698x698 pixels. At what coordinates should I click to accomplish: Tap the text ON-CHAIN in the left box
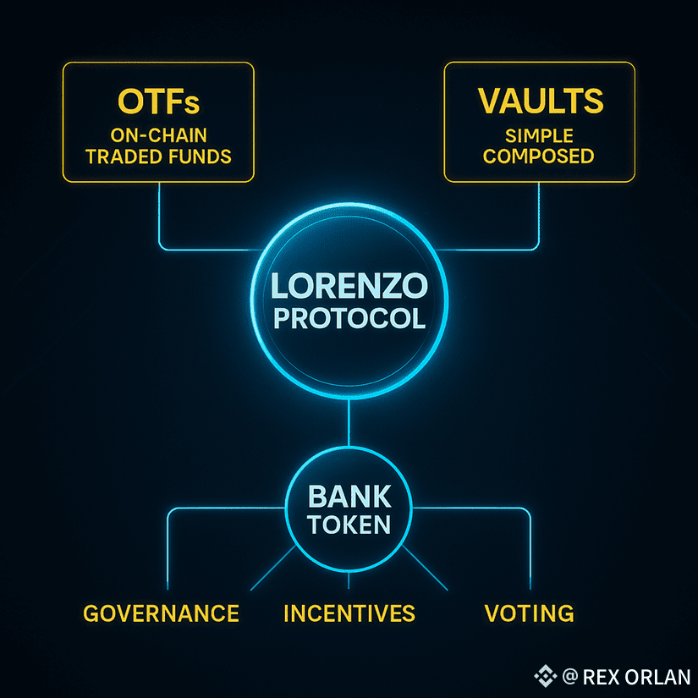[x=159, y=135]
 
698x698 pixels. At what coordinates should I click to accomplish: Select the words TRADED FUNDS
[x=159, y=157]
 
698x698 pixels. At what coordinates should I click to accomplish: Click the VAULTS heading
[x=541, y=102]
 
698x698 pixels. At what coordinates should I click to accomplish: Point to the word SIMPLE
[x=540, y=136]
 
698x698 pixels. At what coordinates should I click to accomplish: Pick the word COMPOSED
[x=540, y=157]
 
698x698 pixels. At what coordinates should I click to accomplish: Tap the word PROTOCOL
[x=349, y=319]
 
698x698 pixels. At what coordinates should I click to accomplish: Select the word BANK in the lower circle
[x=349, y=494]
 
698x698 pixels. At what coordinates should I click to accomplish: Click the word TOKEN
[x=349, y=524]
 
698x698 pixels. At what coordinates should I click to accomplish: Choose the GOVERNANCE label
[x=161, y=613]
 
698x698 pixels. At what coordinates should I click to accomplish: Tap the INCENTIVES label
[x=349, y=613]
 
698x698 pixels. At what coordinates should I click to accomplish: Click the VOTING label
[x=529, y=613]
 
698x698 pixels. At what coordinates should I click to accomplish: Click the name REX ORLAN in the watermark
[x=636, y=677]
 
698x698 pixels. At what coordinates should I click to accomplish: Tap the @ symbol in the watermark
[x=569, y=677]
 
